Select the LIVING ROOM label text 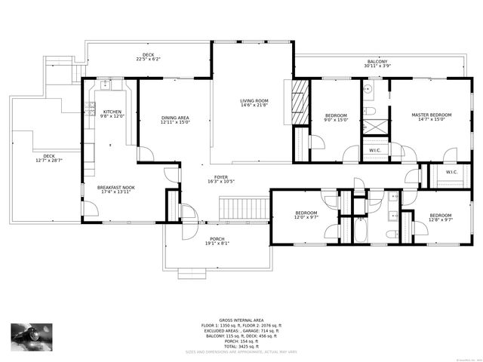click(x=255, y=103)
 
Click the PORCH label click(x=217, y=241)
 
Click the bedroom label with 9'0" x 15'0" click(x=336, y=117)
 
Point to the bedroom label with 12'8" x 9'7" click(x=440, y=218)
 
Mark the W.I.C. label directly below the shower click(x=374, y=150)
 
